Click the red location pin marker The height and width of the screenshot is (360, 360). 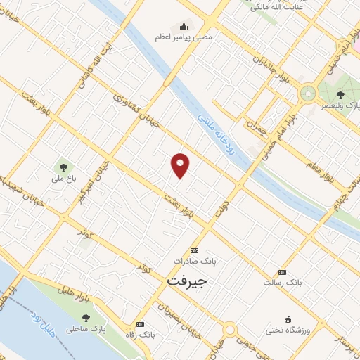181,164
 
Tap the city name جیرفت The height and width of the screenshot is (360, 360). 189,279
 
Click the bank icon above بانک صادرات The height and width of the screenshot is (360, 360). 195,250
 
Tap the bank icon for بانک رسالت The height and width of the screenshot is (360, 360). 283,271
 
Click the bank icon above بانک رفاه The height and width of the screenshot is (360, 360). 141,324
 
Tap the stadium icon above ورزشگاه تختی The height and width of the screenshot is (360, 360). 288,319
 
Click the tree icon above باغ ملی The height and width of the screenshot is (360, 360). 63,167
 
